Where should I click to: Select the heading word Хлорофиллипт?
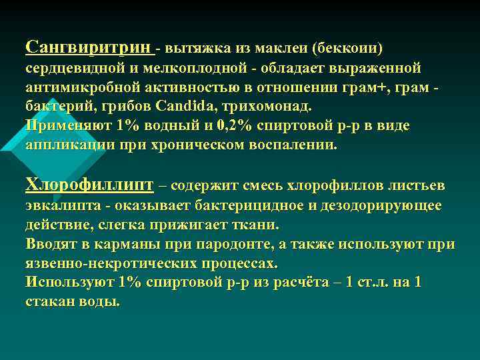pyautogui.click(x=89, y=185)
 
